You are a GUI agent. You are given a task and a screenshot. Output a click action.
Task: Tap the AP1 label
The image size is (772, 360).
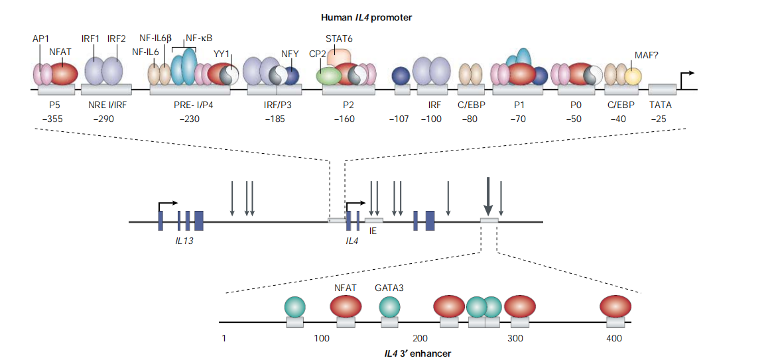point(41,40)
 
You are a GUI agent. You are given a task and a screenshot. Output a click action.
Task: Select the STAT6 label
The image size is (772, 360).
point(339,38)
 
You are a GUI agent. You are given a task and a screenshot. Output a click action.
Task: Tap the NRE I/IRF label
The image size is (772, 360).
point(105,104)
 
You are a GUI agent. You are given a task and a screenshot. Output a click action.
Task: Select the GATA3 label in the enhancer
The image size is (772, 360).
point(389,288)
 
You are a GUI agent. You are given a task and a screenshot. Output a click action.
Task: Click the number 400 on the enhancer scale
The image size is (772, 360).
point(614,339)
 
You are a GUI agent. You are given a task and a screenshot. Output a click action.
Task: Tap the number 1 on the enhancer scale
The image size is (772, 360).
point(225,339)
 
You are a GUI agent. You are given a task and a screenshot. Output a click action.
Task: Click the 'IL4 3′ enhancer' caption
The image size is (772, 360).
point(418,353)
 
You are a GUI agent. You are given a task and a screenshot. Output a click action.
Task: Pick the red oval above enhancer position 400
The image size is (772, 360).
point(615,306)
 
